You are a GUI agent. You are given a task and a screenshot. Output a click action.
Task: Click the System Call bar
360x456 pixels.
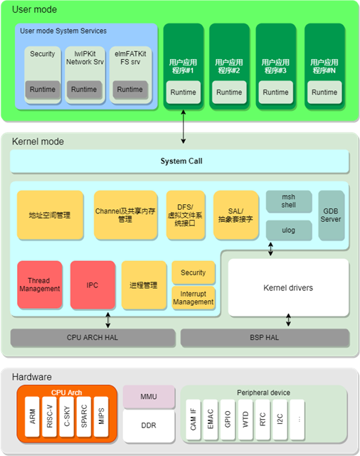(x=180, y=161)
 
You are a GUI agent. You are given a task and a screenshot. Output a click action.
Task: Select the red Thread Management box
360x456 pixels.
(x=40, y=285)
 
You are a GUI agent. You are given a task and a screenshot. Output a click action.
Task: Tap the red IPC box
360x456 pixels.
(x=92, y=285)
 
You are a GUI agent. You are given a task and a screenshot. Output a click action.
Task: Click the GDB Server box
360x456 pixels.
(x=331, y=214)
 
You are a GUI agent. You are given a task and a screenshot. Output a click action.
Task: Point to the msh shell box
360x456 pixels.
(x=288, y=201)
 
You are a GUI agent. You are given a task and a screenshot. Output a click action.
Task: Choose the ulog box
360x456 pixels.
(x=288, y=230)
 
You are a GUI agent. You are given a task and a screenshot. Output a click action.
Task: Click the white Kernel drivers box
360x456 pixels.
(x=288, y=287)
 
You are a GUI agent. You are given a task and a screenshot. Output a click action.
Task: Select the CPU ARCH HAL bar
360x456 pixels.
(x=92, y=337)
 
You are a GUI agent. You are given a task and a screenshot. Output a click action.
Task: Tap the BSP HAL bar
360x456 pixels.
(x=265, y=337)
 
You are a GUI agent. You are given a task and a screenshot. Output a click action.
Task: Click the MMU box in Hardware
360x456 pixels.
(x=149, y=397)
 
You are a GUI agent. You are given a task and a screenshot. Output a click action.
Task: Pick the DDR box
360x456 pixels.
(x=149, y=425)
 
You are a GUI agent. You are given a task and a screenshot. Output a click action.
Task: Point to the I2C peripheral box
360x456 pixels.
(x=281, y=420)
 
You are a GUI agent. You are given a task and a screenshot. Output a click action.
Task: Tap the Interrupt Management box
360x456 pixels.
(x=193, y=297)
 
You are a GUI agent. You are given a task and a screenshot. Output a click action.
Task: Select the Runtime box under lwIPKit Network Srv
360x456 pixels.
(x=84, y=90)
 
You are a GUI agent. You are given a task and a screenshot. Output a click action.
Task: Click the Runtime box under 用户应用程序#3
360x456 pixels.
(x=275, y=92)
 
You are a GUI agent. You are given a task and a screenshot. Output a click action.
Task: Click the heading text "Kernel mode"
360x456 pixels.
(x=38, y=142)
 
